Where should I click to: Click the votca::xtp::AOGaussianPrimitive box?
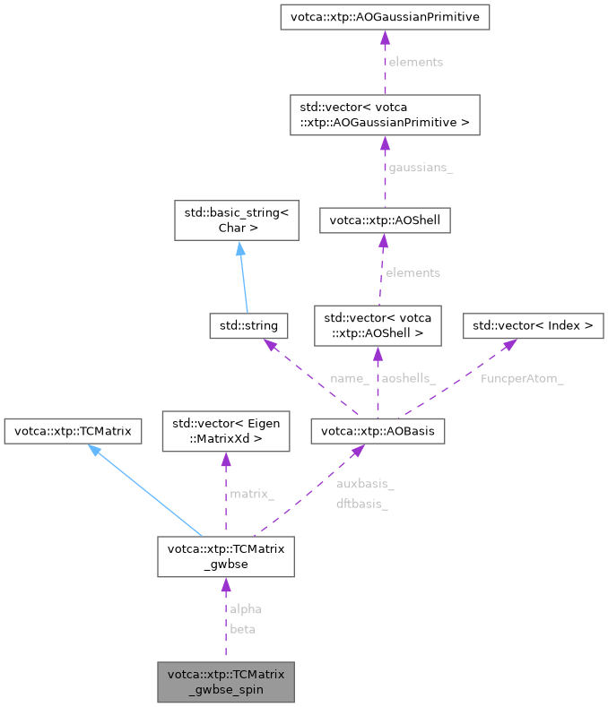pos(384,17)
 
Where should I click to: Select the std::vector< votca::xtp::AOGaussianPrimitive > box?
pos(384,114)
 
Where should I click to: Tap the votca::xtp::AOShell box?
pos(384,220)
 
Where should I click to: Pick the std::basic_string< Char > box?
pos(236,220)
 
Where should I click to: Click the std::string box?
pos(236,323)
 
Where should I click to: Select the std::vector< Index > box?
pos(533,324)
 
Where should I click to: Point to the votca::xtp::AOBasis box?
pos(377,432)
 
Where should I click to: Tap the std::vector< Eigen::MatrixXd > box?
pos(225,432)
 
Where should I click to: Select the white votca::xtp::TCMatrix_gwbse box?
pos(225,557)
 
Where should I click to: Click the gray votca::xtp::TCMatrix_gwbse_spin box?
pos(225,682)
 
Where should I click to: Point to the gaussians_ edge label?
pos(420,168)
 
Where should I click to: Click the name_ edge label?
pos(349,378)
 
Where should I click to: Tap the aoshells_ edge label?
pos(409,378)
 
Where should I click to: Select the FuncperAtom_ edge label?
pos(521,378)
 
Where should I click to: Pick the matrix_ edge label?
pos(252,494)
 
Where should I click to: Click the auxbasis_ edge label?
pos(364,484)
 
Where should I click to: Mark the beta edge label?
pos(242,629)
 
